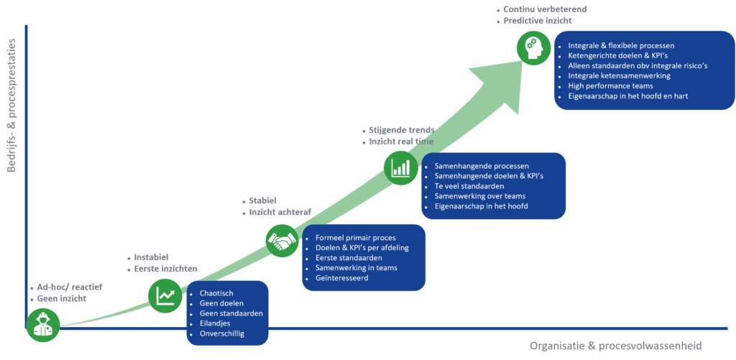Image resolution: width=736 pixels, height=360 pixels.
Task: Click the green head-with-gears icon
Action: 532,47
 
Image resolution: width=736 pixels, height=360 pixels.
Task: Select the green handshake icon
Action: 282,241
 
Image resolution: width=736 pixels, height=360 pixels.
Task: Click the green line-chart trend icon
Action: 165,295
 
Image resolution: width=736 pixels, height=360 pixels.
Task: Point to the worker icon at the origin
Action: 42,326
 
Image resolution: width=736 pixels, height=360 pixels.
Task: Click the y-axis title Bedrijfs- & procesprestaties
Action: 12,106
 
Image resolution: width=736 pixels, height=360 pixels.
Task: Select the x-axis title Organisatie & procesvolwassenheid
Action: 616,346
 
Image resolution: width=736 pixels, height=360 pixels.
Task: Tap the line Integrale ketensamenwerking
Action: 619,75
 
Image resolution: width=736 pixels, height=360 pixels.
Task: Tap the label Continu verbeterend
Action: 535,9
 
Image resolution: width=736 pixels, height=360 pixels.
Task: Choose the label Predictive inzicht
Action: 532,22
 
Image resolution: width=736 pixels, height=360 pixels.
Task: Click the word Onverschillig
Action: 224,333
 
